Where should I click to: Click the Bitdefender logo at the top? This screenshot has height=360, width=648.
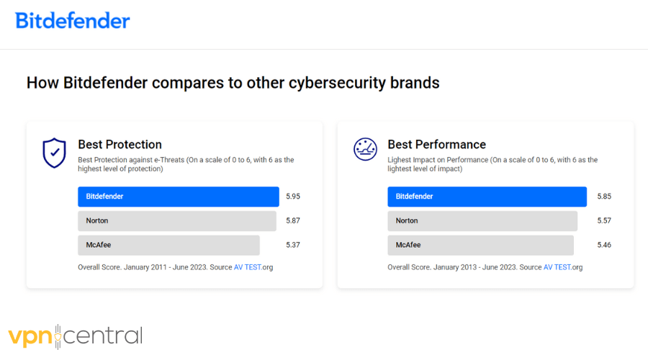tap(73, 20)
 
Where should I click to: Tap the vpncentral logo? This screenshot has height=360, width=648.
tap(76, 336)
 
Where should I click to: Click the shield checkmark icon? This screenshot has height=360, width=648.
tap(54, 153)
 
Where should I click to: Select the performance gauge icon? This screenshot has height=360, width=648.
tap(365, 149)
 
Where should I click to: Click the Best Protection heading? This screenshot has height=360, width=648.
tap(120, 145)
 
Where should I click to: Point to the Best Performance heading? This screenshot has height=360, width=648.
tap(436, 145)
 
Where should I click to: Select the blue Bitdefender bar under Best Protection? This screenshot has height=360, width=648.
tap(178, 197)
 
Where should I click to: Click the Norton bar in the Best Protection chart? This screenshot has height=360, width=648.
tap(176, 221)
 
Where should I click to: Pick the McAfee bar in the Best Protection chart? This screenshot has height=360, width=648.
tap(168, 246)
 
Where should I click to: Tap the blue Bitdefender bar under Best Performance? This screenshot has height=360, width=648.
tap(487, 197)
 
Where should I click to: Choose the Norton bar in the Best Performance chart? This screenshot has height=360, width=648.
tap(482, 221)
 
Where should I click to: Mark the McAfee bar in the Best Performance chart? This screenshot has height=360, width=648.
tap(480, 246)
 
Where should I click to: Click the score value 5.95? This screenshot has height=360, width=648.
tap(293, 197)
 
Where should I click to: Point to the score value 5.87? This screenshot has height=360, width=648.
tap(293, 221)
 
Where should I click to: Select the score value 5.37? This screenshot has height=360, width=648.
tap(293, 246)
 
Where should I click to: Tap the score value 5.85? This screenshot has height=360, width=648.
tap(604, 197)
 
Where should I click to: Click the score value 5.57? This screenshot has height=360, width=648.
tap(604, 221)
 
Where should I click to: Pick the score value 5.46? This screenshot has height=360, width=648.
tap(604, 246)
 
